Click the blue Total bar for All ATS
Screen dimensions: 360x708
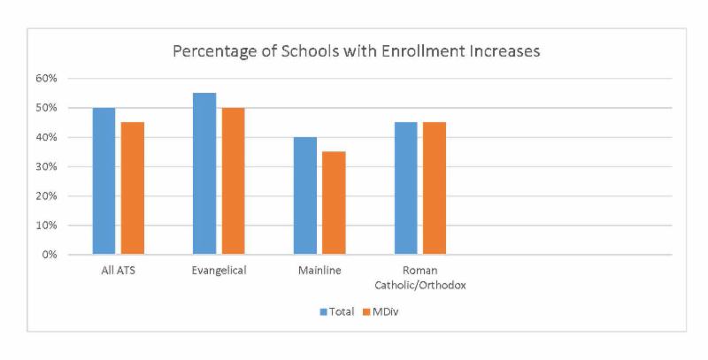[104, 181]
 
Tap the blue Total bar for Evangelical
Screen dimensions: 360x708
[204, 173]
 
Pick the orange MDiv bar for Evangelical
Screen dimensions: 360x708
[234, 181]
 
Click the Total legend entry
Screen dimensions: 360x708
[337, 311]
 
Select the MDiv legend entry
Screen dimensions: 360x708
[381, 311]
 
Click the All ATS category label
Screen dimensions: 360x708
[118, 271]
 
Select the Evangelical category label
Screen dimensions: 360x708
[219, 271]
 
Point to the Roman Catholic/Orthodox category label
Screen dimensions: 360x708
[419, 278]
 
